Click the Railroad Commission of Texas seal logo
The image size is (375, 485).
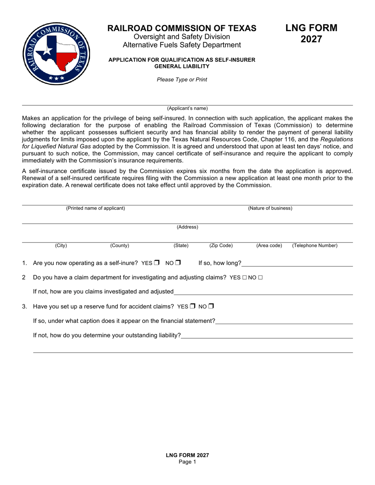coord(56,54)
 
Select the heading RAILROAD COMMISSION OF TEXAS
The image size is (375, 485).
coord(182,28)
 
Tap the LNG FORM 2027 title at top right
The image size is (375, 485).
coord(311,34)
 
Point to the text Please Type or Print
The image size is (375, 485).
coord(182,80)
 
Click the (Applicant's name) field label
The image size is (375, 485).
coord(187,108)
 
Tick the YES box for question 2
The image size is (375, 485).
coord(245,278)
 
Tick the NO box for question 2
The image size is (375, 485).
coord(260,278)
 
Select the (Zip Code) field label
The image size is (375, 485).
coord(221,246)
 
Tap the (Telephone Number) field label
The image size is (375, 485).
coord(315,246)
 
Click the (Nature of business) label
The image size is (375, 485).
coord(270,208)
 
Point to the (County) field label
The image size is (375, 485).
coord(120,246)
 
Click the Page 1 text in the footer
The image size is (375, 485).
coord(187,462)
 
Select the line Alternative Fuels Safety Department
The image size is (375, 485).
coord(182,45)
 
